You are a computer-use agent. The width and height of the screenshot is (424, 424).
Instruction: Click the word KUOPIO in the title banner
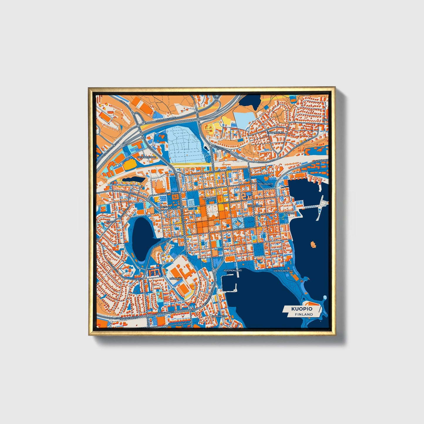[302, 309]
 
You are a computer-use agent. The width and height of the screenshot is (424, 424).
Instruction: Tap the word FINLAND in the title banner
[304, 314]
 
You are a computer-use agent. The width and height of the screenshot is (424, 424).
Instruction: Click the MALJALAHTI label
[266, 184]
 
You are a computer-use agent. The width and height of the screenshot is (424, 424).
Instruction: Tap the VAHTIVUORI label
[254, 206]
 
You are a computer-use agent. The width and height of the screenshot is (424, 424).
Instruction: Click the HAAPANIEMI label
[219, 316]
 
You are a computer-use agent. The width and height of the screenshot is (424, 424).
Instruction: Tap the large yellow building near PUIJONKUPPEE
[128, 165]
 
